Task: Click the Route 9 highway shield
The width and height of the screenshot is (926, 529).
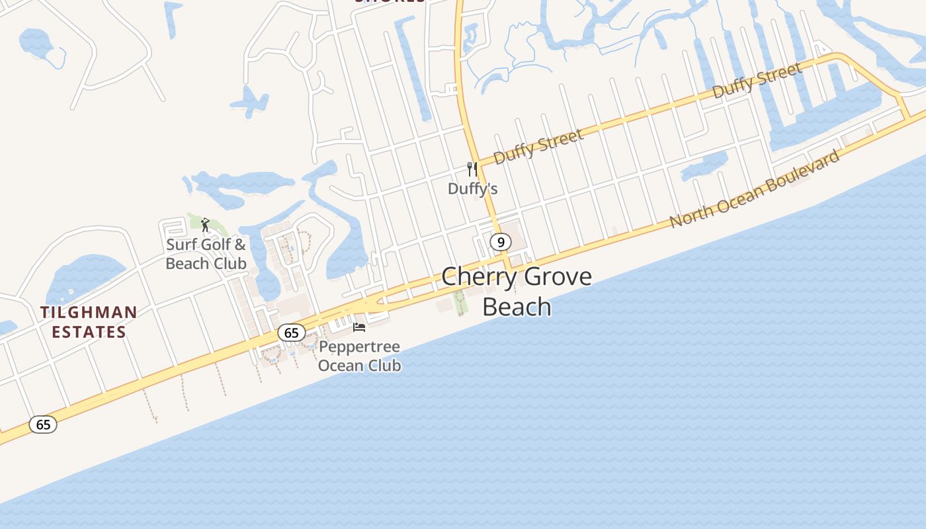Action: click(x=501, y=242)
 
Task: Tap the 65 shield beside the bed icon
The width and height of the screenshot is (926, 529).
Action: click(x=292, y=333)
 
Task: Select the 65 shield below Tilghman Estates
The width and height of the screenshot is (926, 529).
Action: click(x=43, y=425)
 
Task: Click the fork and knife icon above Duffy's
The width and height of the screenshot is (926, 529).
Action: click(x=472, y=169)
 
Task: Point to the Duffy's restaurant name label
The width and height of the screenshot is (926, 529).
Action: click(x=472, y=189)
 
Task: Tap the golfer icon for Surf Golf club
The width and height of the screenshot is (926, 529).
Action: click(x=205, y=225)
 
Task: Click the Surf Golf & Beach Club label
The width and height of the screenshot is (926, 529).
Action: click(x=206, y=254)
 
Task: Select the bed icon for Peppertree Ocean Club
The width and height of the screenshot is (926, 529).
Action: click(x=359, y=327)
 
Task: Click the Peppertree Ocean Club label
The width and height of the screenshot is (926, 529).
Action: click(x=359, y=356)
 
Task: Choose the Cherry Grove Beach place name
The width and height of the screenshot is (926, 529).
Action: click(x=517, y=292)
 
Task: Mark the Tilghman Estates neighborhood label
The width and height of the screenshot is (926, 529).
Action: click(x=89, y=322)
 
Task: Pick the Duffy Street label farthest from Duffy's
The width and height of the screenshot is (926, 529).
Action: click(x=757, y=80)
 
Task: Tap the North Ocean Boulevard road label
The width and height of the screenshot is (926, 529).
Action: click(x=755, y=189)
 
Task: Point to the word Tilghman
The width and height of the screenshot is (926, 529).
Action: click(x=89, y=312)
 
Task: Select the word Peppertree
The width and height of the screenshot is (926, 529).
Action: click(x=359, y=347)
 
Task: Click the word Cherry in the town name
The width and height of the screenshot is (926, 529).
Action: click(x=476, y=276)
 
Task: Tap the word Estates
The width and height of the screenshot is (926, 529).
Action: click(x=89, y=332)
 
